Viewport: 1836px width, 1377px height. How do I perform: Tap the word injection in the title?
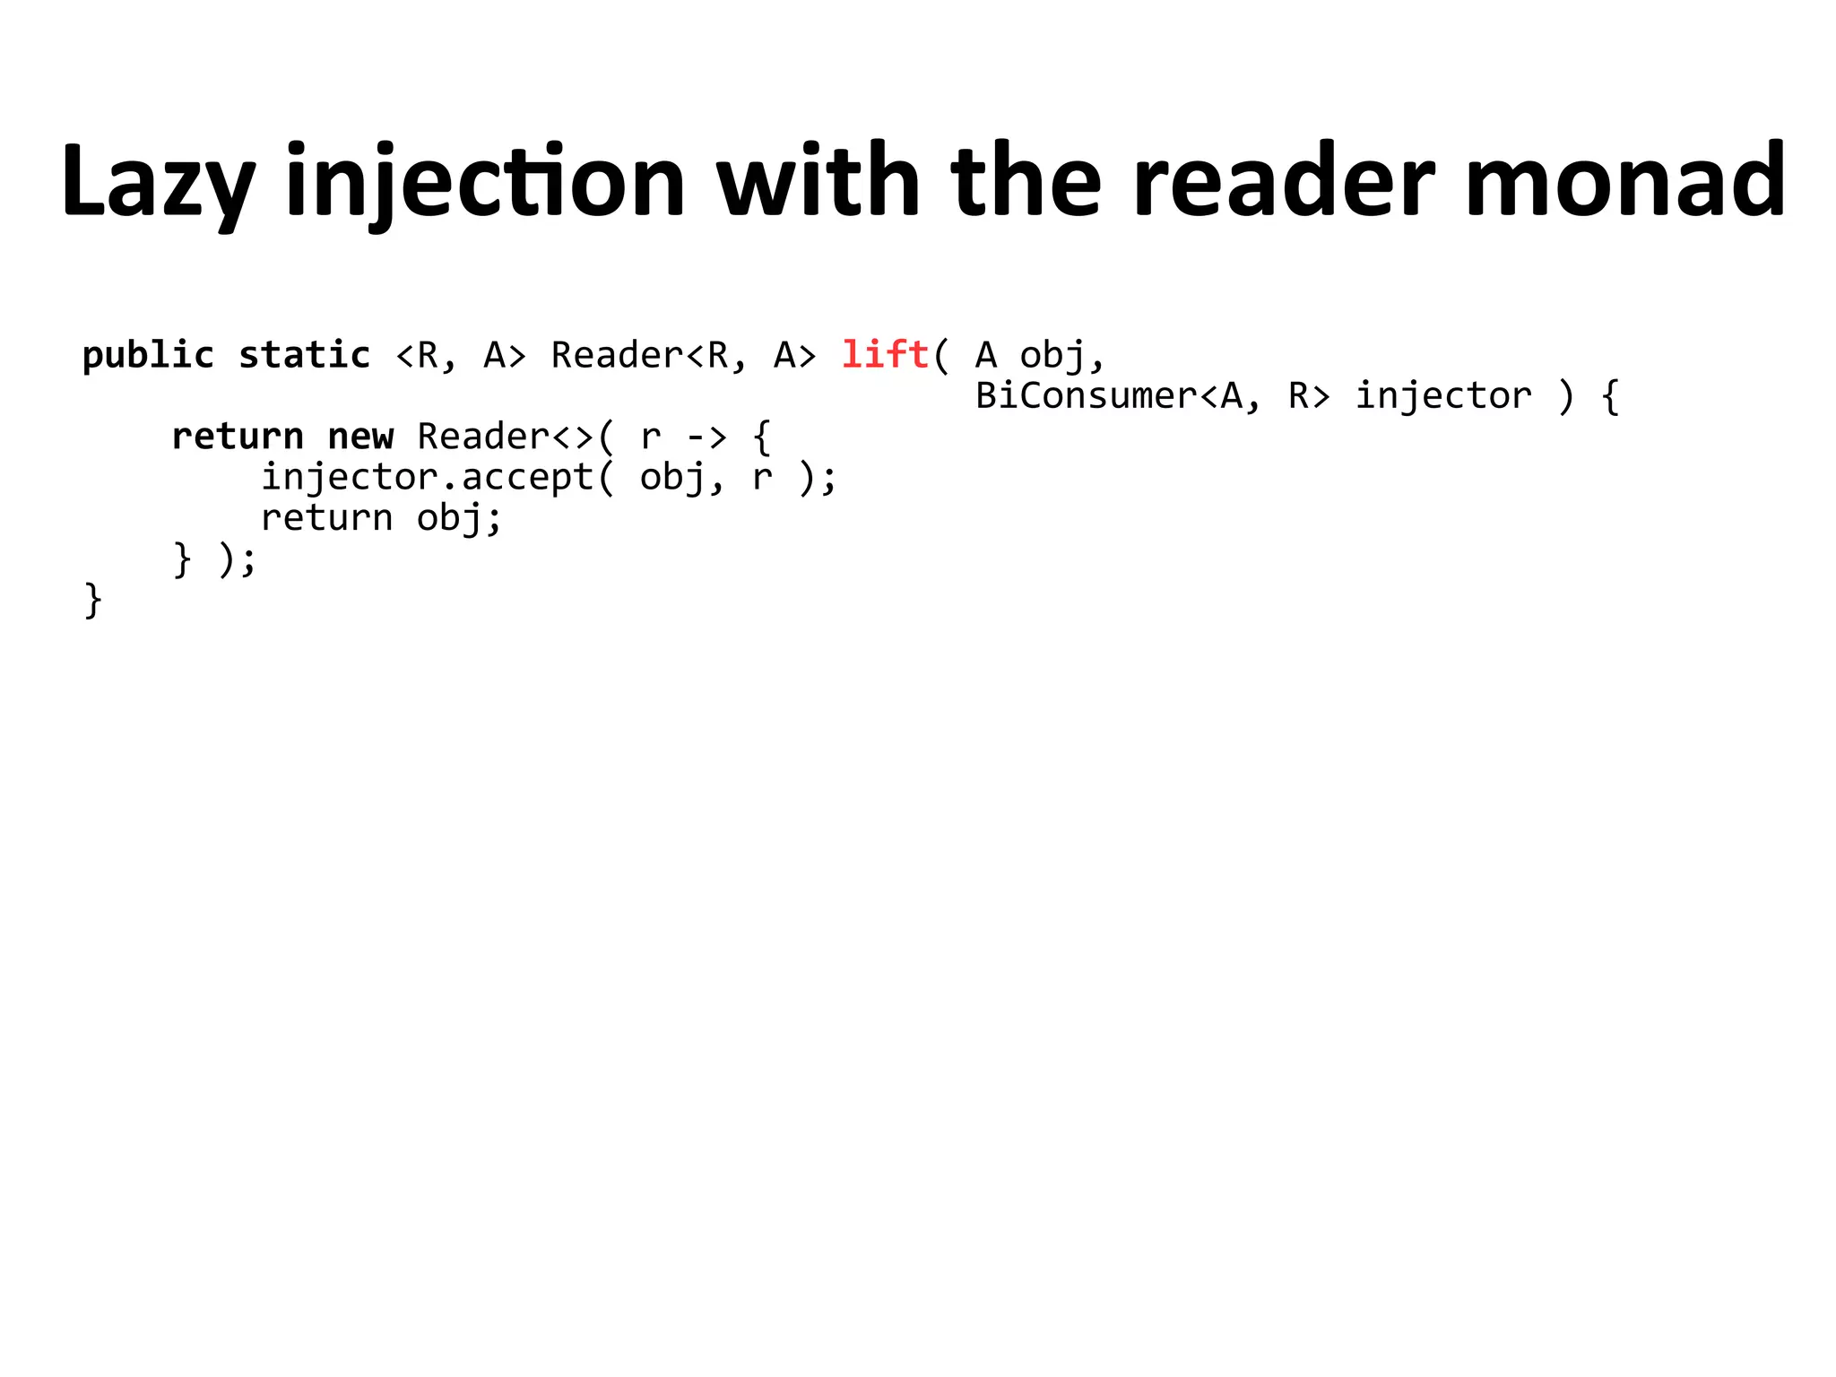click(x=485, y=182)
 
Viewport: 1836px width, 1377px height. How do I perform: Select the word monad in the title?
click(x=1624, y=182)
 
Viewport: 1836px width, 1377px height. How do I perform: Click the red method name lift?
click(x=885, y=355)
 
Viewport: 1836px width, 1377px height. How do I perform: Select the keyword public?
click(x=148, y=356)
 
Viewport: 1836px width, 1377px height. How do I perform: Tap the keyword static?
click(x=304, y=356)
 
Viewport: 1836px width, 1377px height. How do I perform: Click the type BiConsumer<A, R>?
click(x=1153, y=396)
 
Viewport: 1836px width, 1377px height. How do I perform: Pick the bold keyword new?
click(x=360, y=437)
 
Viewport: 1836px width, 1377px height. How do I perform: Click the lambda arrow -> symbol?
click(x=706, y=437)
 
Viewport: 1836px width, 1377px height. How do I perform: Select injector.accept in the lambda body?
click(x=427, y=478)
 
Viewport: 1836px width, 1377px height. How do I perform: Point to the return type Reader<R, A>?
click(x=683, y=356)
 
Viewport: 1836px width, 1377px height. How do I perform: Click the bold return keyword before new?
click(x=238, y=437)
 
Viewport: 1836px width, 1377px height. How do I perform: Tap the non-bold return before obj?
click(x=326, y=518)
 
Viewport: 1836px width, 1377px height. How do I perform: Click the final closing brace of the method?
click(x=92, y=600)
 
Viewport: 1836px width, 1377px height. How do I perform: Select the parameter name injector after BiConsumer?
click(x=1443, y=396)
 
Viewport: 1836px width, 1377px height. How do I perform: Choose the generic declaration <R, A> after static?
click(x=460, y=356)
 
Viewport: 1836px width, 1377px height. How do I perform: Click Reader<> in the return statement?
click(x=506, y=437)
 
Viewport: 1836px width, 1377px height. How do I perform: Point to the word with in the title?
click(x=818, y=182)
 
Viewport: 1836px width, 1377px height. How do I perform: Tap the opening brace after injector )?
click(x=1610, y=396)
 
